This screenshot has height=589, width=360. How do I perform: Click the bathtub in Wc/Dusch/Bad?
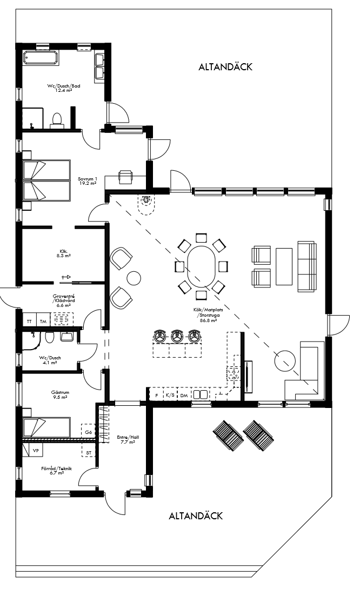point(41,58)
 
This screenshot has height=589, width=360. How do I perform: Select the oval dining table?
point(201,267)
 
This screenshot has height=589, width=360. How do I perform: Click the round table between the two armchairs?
point(134,278)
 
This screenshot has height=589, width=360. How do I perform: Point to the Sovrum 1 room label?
point(86,181)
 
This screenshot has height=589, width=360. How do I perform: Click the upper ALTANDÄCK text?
point(225,67)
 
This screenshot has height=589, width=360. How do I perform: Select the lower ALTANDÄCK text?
point(196,516)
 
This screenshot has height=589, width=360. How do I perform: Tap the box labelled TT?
point(29,321)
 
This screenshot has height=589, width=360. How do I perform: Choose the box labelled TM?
point(43,321)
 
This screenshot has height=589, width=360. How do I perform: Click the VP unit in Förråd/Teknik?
point(36,450)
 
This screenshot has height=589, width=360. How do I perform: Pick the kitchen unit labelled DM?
point(184,396)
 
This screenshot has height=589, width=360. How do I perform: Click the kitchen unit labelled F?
point(156,396)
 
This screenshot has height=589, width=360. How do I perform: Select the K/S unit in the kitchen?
point(170,396)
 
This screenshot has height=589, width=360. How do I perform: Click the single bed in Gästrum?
point(46,427)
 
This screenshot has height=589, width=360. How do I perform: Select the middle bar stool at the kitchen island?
point(177,336)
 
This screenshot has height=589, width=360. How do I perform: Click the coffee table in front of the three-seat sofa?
point(284,266)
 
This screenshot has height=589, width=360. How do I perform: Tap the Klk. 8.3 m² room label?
point(63,253)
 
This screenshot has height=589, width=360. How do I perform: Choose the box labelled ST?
point(89,452)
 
